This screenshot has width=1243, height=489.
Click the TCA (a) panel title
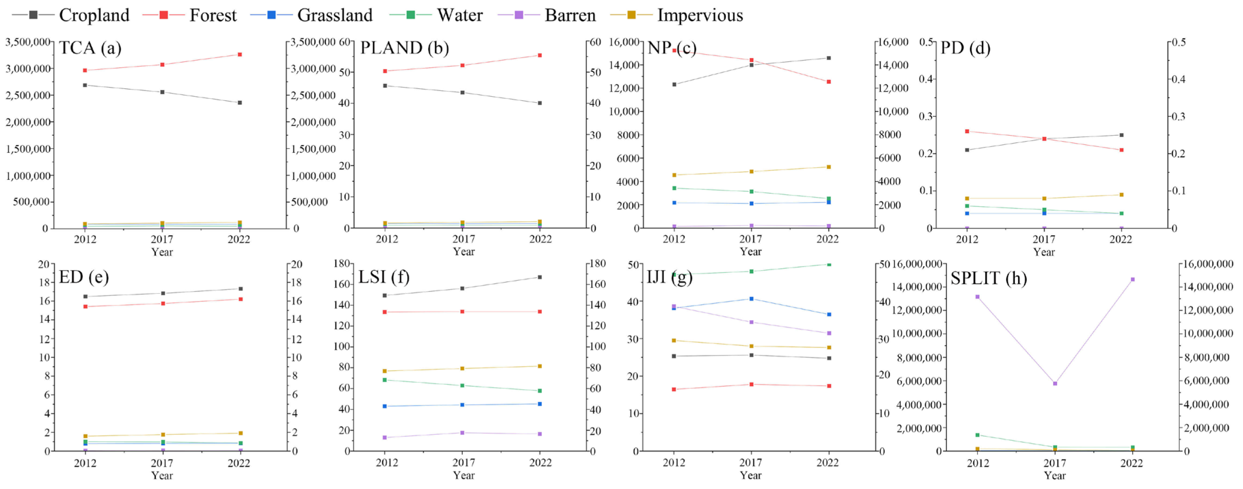pos(90,48)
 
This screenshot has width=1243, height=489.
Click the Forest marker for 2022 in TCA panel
pos(240,54)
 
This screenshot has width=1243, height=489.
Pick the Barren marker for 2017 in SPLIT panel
pos(1055,383)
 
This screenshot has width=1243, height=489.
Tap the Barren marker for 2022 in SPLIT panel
pos(1133,279)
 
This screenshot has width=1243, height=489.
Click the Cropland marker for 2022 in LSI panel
pos(540,277)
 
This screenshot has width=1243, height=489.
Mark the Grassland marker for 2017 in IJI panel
pos(751,299)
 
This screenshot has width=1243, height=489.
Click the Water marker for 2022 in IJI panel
pos(829,264)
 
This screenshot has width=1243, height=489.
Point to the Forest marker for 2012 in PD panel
pos(967,131)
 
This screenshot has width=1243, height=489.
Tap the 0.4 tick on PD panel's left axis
pos(926,79)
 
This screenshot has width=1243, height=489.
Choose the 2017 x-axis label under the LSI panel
pos(463,463)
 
